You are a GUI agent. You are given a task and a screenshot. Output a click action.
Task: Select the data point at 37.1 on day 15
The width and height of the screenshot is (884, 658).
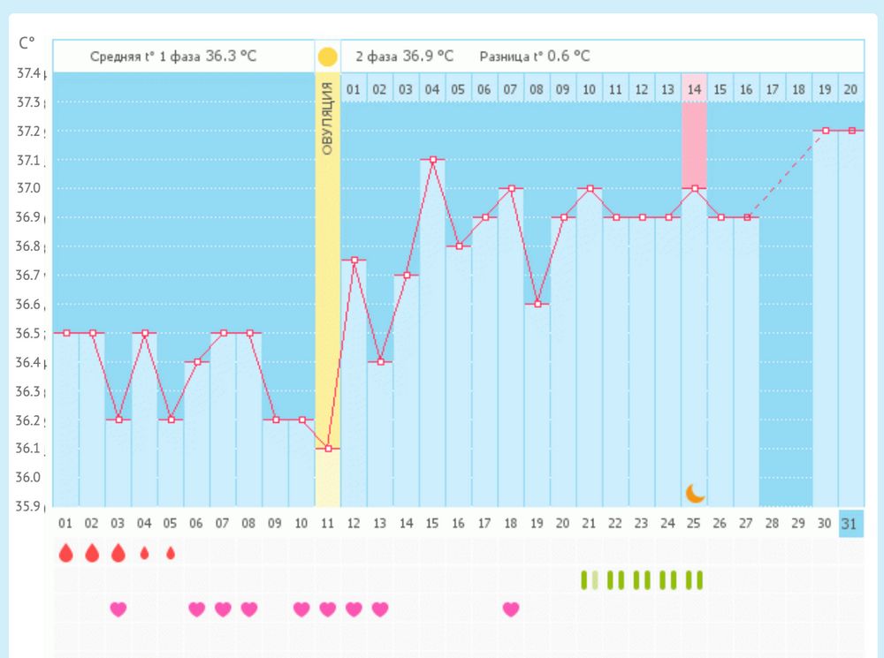click(x=432, y=160)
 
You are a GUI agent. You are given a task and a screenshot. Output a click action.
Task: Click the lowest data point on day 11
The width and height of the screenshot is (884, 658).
click(x=328, y=449)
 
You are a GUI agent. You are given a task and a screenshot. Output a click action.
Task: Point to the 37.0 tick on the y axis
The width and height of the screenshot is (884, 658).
click(x=29, y=188)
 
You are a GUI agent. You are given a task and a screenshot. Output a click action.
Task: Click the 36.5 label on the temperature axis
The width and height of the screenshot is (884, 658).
click(x=29, y=333)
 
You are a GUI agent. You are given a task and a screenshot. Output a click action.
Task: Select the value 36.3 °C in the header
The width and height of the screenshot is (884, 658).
click(x=232, y=57)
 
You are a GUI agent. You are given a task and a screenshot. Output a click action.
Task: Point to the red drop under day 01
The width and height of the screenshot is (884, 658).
click(x=65, y=554)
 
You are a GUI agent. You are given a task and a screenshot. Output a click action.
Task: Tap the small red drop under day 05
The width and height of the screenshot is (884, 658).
click(x=171, y=554)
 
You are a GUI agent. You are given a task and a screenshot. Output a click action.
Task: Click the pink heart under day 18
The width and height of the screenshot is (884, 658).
click(x=511, y=609)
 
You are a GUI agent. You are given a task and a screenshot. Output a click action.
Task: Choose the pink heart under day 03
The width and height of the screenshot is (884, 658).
click(x=118, y=609)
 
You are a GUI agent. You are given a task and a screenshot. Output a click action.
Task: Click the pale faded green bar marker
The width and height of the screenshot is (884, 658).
click(x=596, y=580)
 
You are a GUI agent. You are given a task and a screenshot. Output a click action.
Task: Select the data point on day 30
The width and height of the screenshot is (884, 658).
click(x=826, y=131)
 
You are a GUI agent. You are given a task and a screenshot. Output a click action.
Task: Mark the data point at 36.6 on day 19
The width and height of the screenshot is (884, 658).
click(x=537, y=304)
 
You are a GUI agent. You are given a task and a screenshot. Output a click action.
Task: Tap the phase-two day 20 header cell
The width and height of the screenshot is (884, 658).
click(x=850, y=89)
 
